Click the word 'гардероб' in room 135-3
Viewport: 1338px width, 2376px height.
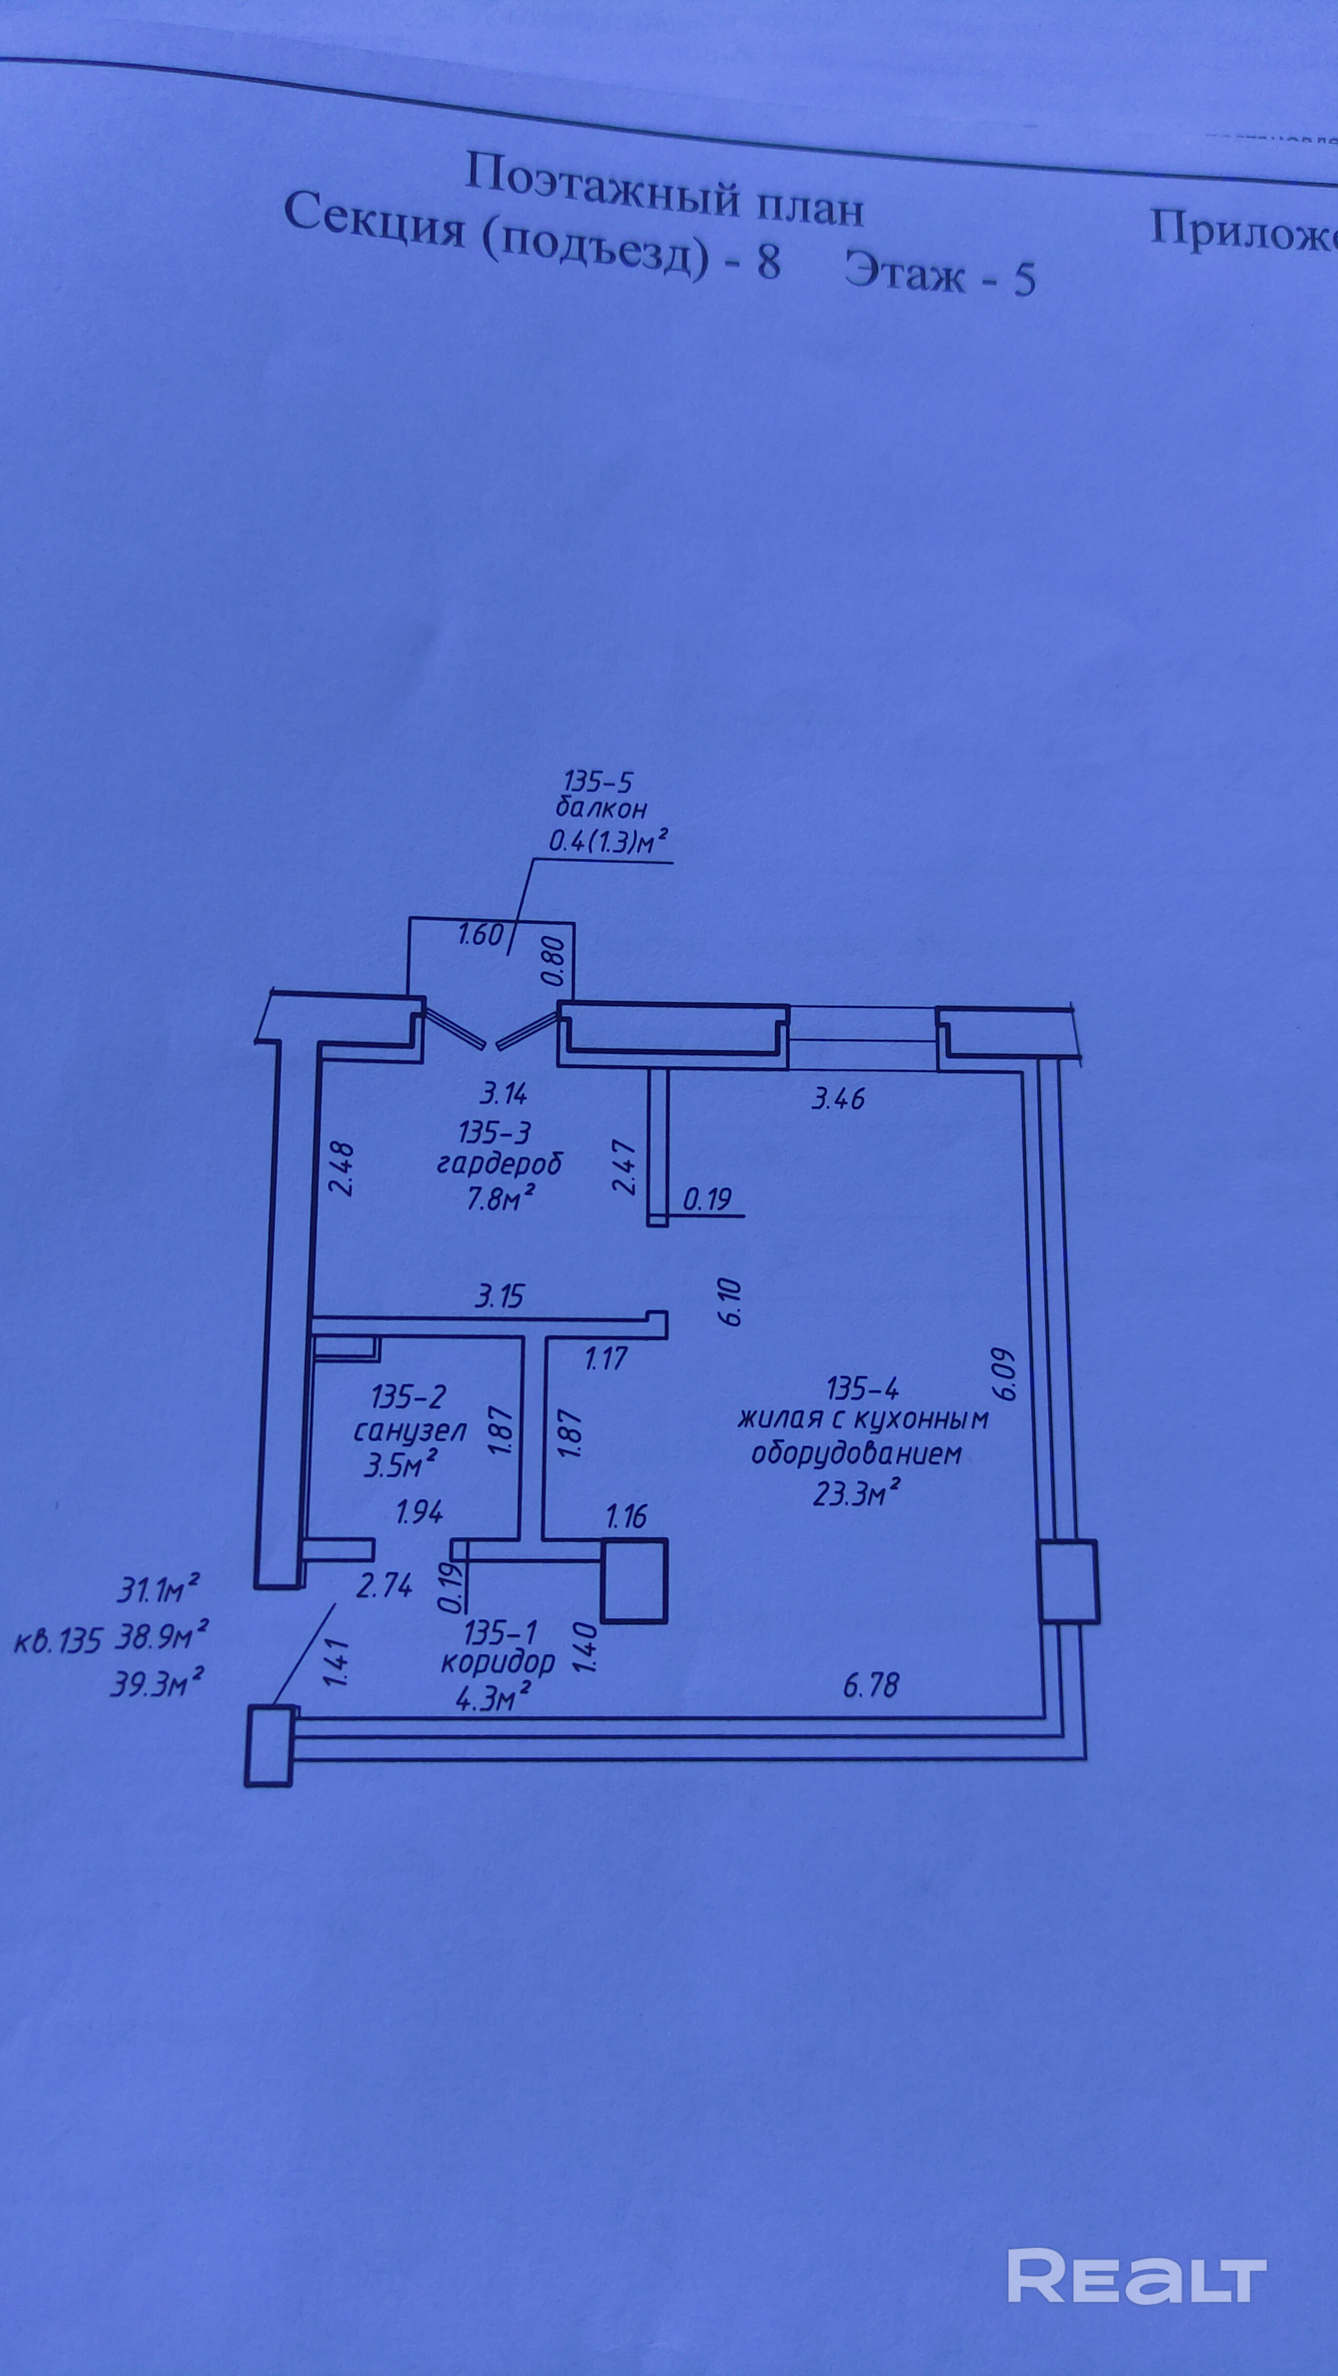click(499, 1163)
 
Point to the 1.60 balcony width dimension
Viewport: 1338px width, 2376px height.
click(480, 935)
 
